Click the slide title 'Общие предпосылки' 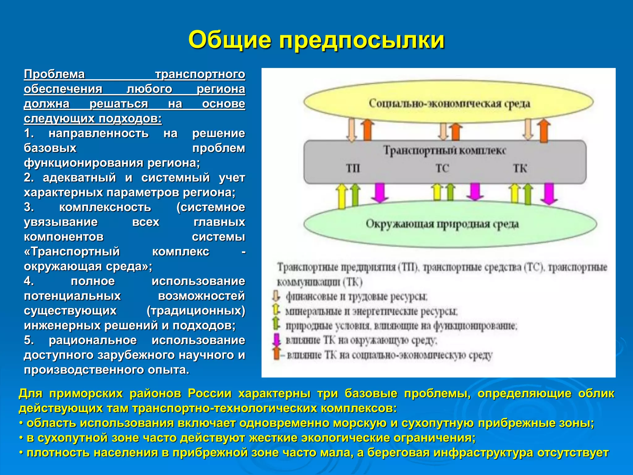(x=316, y=40)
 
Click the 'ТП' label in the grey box (x=353, y=169)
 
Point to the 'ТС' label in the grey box (x=442, y=169)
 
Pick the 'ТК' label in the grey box (x=520, y=169)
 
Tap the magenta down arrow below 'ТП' (x=380, y=192)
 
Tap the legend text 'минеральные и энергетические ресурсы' (x=371, y=311)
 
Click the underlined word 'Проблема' (x=54, y=74)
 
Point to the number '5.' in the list (x=29, y=340)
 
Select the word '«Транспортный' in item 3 (x=72, y=251)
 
